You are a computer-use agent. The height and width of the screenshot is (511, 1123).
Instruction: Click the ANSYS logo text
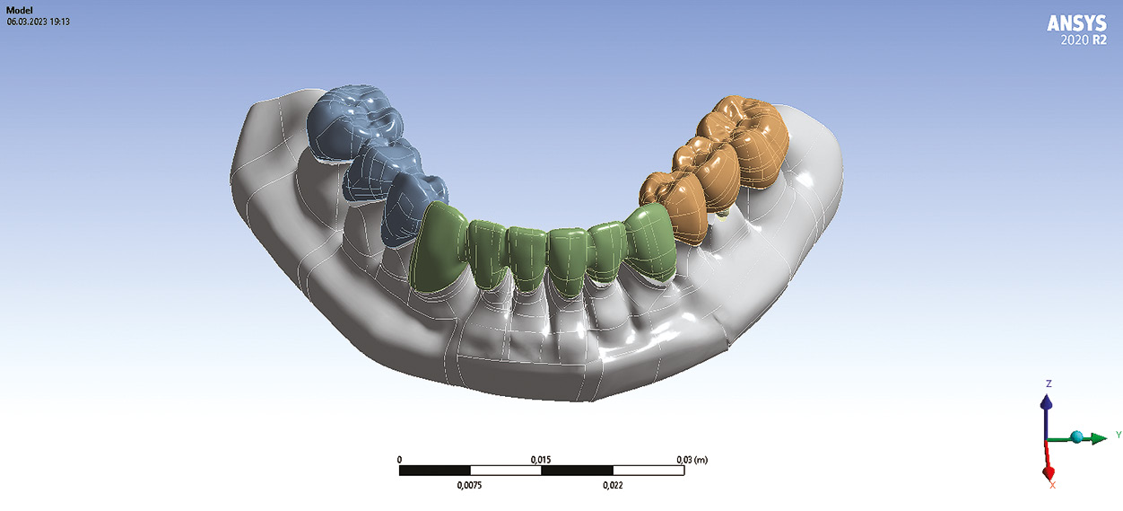point(1076,23)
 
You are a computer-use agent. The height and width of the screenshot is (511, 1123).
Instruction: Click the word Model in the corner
point(20,10)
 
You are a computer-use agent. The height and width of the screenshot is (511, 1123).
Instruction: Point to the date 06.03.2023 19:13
point(38,22)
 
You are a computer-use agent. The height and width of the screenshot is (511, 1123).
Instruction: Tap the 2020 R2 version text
point(1084,40)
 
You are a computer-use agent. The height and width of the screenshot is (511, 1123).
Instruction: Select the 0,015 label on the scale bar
point(541,459)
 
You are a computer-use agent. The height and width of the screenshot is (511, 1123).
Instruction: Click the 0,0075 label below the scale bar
point(469,485)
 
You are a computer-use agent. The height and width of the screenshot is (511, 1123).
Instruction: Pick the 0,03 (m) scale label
point(692,459)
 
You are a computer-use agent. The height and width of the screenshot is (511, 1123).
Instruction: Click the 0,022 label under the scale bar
point(613,485)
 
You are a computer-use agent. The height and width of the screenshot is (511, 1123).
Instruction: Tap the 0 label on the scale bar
point(399,459)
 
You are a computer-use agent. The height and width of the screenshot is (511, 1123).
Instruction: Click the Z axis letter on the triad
point(1049,383)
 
